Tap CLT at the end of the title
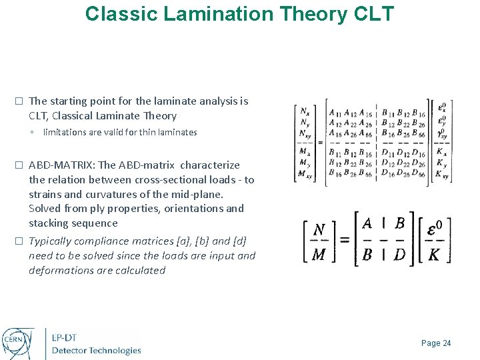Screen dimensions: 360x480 pyautogui.click(x=371, y=13)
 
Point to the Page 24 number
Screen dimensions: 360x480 pyautogui.click(x=436, y=343)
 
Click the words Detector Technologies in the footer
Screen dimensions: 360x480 pyautogui.click(x=97, y=351)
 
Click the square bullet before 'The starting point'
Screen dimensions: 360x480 pyautogui.click(x=19, y=101)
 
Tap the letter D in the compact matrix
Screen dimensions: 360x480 pyautogui.click(x=399, y=255)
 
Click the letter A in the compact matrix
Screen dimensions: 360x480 pyautogui.click(x=367, y=224)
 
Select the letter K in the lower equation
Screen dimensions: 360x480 pyautogui.click(x=435, y=255)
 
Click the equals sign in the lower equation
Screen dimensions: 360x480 pyautogui.click(x=345, y=239)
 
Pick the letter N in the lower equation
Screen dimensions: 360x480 pyautogui.click(x=319, y=229)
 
